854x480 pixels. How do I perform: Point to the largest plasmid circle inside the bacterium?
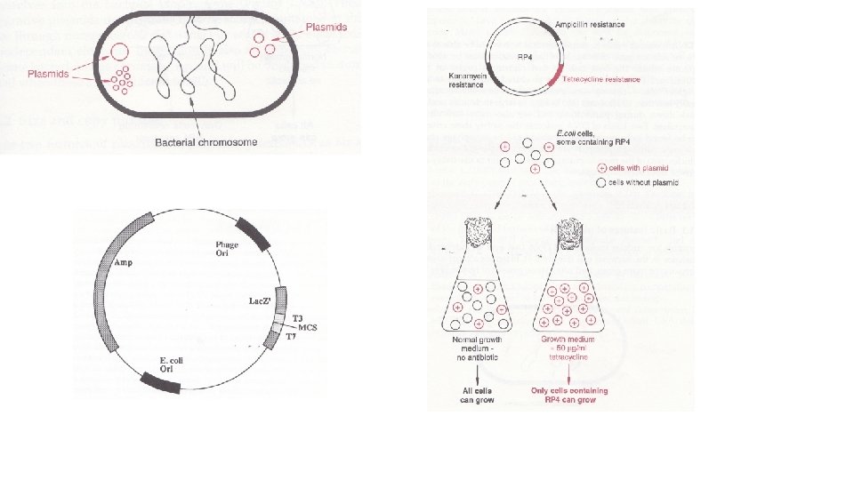point(119,54)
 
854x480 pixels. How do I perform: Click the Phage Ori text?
point(229,250)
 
